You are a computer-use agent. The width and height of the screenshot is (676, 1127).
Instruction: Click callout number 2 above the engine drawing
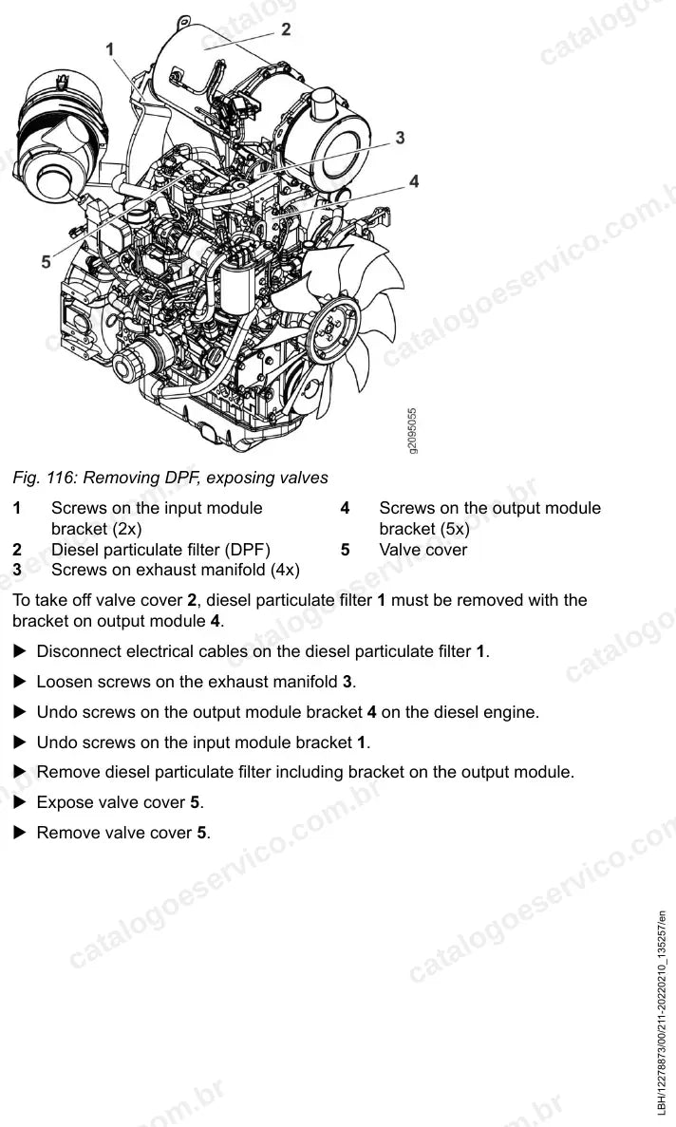tap(286, 29)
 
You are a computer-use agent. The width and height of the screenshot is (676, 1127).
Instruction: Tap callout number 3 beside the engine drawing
tap(400, 138)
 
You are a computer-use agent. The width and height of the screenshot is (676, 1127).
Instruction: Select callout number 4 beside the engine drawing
tap(414, 181)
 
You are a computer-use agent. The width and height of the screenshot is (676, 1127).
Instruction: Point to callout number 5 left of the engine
tap(46, 262)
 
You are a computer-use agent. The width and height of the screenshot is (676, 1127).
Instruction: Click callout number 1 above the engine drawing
tap(110, 48)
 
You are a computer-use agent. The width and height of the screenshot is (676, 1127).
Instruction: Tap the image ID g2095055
tap(412, 431)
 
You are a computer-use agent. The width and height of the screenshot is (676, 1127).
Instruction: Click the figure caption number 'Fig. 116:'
tap(45, 478)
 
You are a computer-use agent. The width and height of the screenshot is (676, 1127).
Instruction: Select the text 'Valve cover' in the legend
tap(423, 550)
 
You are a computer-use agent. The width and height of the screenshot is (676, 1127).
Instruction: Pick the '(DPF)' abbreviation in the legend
tap(248, 550)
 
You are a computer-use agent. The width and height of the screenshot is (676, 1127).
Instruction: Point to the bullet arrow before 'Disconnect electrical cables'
tap(21, 651)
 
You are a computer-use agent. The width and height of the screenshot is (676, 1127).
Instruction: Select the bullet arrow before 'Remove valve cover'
tap(21, 833)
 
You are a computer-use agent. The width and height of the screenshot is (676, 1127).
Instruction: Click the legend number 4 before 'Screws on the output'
tap(345, 508)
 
